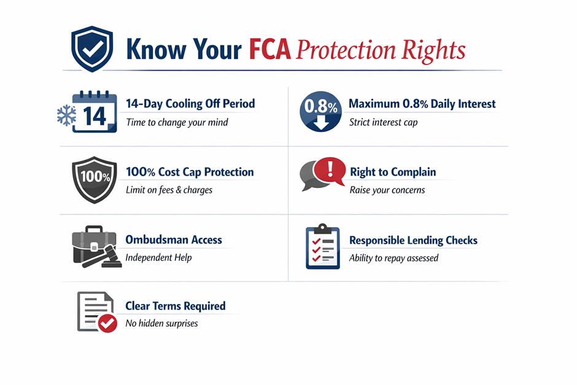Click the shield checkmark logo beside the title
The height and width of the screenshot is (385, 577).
(92, 49)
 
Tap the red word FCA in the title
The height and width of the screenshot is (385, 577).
(269, 49)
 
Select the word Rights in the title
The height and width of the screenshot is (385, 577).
(433, 50)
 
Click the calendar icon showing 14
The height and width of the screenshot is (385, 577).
(95, 112)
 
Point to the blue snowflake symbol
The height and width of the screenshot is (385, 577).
(67, 115)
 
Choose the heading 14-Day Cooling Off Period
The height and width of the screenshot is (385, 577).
(190, 104)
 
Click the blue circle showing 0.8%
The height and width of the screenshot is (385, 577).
(320, 112)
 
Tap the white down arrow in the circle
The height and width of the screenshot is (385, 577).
(321, 123)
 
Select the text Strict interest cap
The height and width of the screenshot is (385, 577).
(383, 122)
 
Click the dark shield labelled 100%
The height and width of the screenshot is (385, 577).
(95, 180)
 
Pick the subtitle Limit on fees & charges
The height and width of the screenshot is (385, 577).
(169, 190)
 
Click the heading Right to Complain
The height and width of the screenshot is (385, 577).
(393, 172)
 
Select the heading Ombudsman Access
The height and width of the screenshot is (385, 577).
(174, 240)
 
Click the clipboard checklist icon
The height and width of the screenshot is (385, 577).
(323, 246)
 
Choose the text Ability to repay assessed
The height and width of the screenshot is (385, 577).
(393, 258)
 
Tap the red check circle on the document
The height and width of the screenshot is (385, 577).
(107, 323)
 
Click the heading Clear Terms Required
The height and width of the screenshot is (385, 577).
(176, 306)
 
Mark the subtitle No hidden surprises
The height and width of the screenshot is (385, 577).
(161, 323)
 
